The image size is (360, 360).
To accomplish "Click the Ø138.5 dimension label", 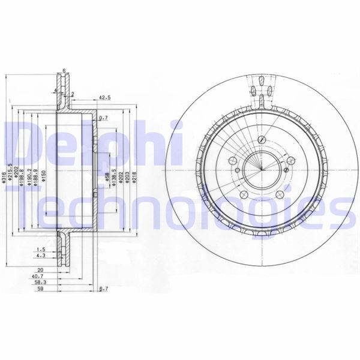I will pyautogui.click(x=113, y=178).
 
